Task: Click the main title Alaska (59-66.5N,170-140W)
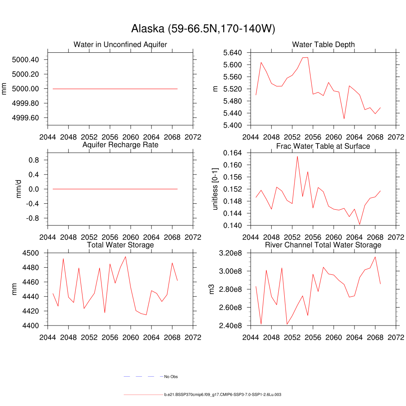click(x=203, y=29)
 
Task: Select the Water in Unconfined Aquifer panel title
click(x=120, y=44)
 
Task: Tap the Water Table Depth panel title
click(x=323, y=44)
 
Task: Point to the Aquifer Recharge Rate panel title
click(x=120, y=145)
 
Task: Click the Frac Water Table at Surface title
click(x=323, y=146)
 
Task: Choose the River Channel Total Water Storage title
click(x=323, y=245)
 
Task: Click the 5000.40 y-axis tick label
click(x=25, y=60)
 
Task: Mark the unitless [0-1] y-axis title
click(x=215, y=189)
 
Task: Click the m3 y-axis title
click(x=212, y=289)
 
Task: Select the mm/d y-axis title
click(x=18, y=189)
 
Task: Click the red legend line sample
click(x=143, y=395)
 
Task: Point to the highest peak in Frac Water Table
click(x=297, y=156)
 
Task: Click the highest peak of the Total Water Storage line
click(x=126, y=257)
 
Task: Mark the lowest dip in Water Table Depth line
click(x=344, y=119)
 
